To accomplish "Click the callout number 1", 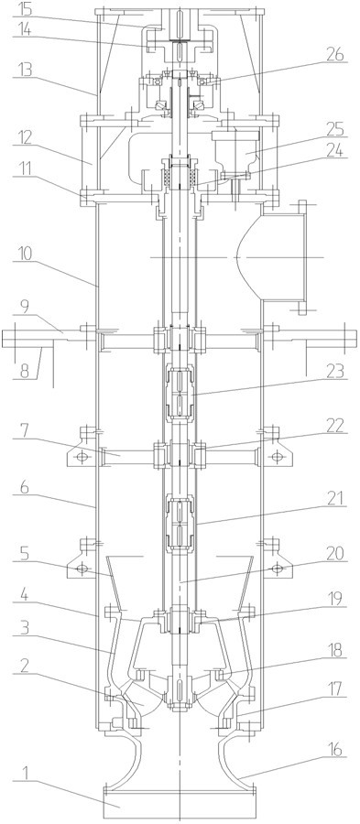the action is click(19, 786).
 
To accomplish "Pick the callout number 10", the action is click(22, 253).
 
